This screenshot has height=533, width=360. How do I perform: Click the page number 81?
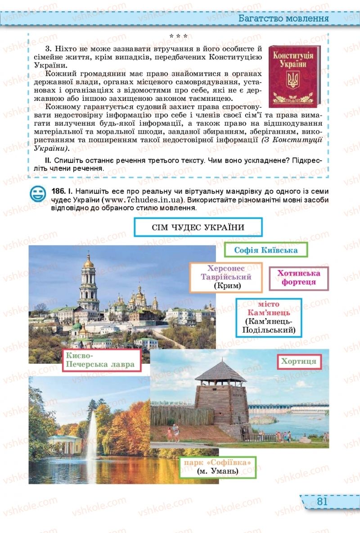coord(321,501)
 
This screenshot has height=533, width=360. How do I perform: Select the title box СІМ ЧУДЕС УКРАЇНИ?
coord(198,227)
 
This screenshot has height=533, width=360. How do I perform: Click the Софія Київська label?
coord(265,250)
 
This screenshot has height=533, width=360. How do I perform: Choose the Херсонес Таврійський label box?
coord(226,278)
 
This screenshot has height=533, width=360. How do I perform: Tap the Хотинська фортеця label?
coord(298,278)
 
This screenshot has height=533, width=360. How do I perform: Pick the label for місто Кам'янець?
coord(269,317)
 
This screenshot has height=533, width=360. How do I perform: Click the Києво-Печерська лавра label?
coord(100,360)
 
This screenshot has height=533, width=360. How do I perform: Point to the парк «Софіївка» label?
coord(217,466)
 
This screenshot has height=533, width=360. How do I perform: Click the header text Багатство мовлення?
coord(283,18)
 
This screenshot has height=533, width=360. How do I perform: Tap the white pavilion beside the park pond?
coord(65,443)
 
